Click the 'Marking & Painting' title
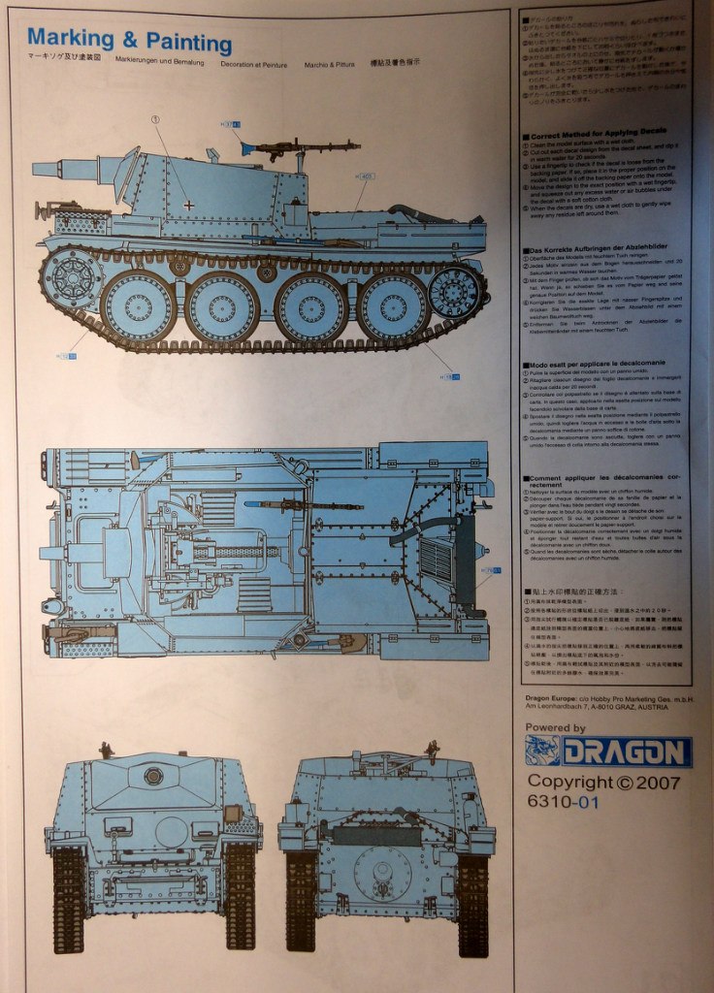(129, 41)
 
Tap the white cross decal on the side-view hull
(188, 206)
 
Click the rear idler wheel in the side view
(454, 291)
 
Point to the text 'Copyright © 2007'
(603, 782)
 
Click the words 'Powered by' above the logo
(555, 727)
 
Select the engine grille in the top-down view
(436, 558)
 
